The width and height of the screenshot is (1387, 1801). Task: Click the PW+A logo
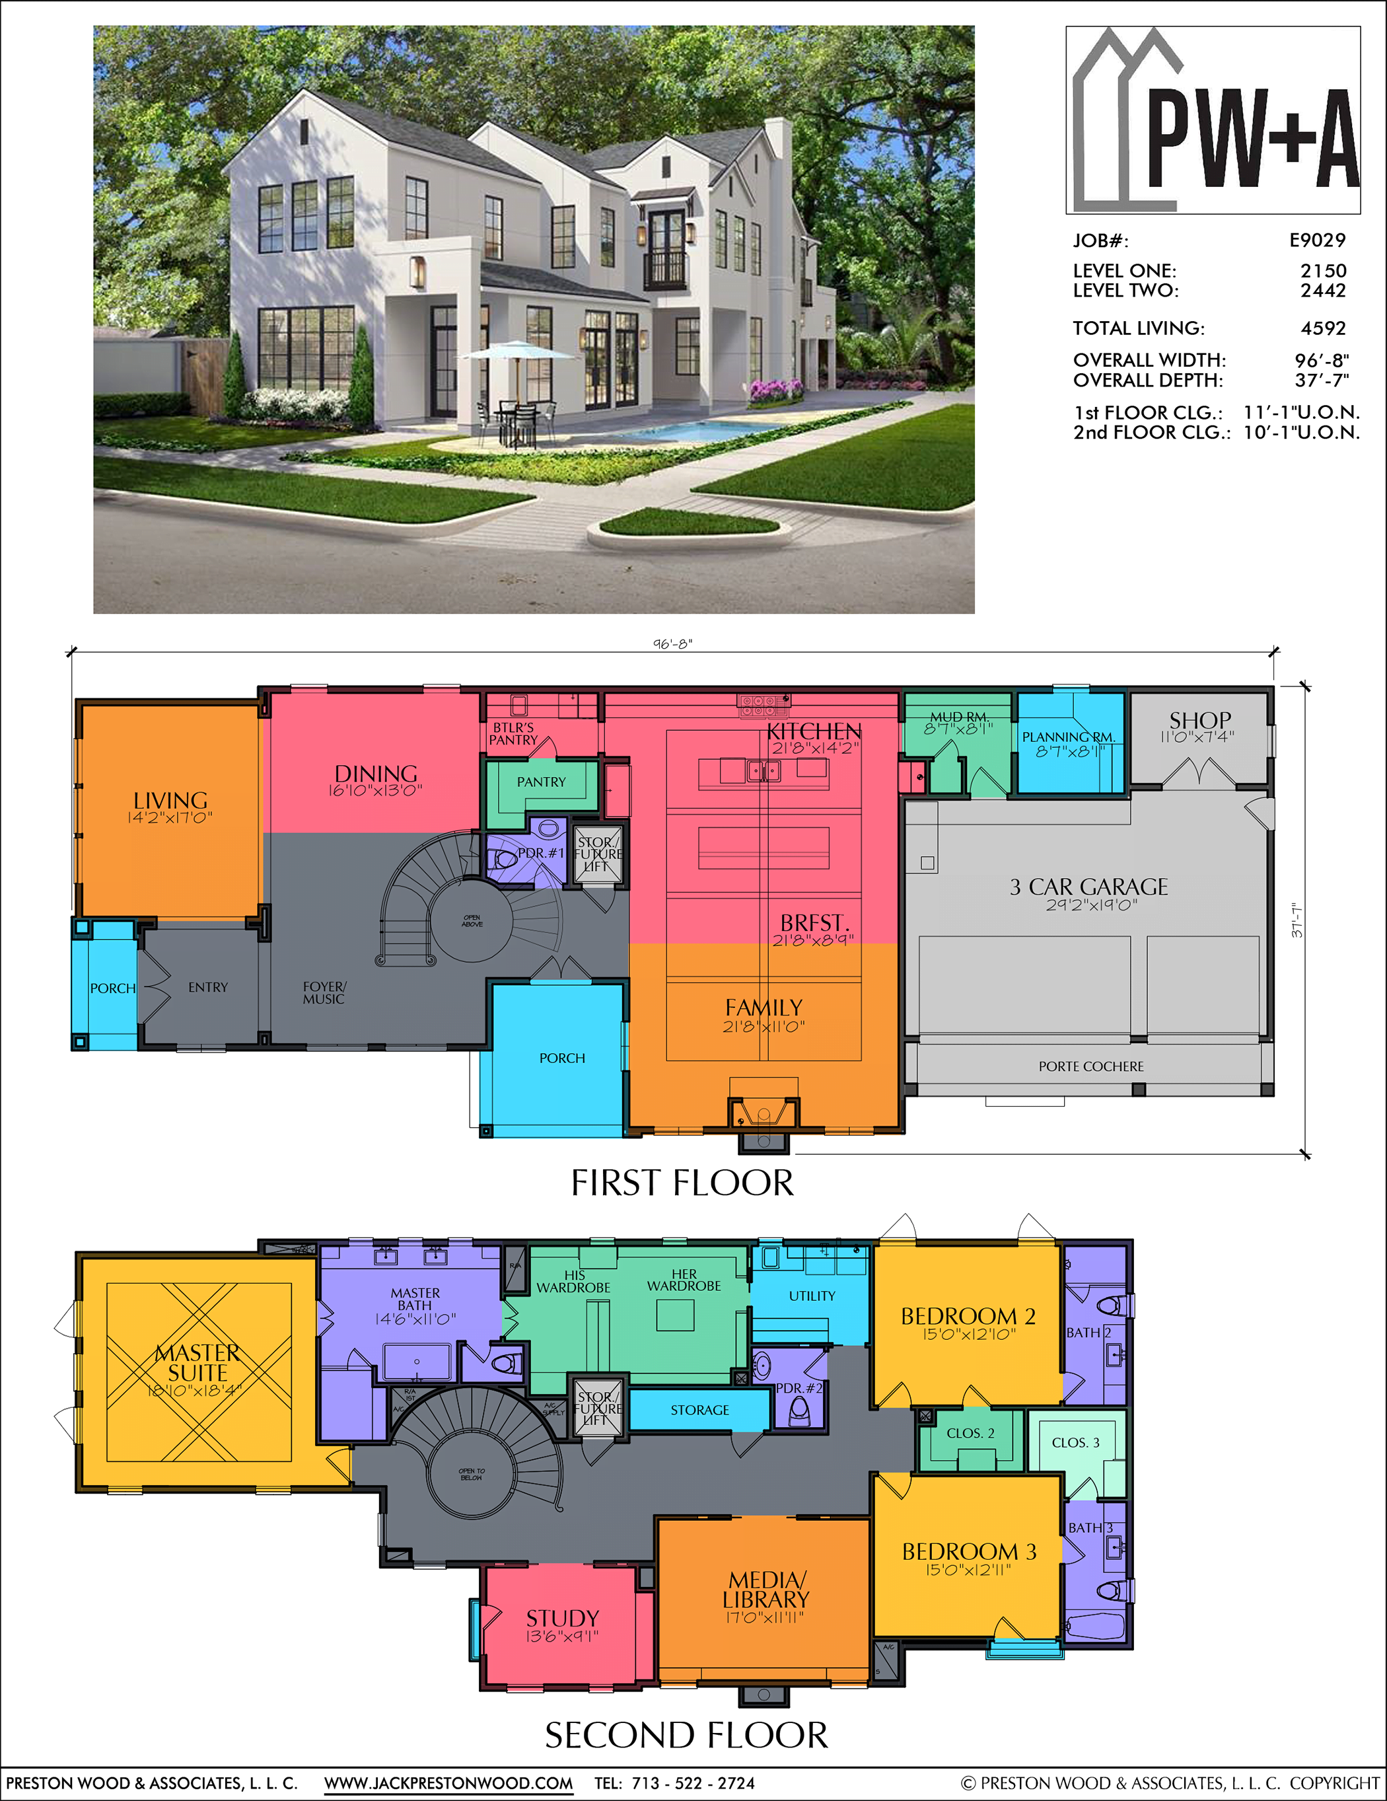click(x=1213, y=121)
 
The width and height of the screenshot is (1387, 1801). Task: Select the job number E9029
click(x=1317, y=240)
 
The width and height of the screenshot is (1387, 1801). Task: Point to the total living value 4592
click(x=1323, y=328)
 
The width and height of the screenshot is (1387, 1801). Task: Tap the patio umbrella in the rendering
click(x=520, y=352)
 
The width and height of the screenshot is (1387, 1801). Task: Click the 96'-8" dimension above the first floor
click(x=672, y=644)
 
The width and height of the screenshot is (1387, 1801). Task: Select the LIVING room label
click(x=170, y=801)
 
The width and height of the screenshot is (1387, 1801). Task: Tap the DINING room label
click(x=375, y=774)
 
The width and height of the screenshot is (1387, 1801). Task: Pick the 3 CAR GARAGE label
click(x=1088, y=887)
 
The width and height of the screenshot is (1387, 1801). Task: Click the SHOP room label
click(x=1200, y=721)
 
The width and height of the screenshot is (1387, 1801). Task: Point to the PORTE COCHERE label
click(x=1090, y=1066)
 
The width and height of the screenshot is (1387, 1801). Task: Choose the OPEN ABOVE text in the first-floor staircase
click(x=472, y=920)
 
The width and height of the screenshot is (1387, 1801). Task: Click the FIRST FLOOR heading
click(x=682, y=1183)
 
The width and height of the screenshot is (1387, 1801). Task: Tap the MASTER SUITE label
click(x=198, y=1362)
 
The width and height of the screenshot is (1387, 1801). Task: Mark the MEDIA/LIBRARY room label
click(x=765, y=1589)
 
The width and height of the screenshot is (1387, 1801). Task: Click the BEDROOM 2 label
click(x=968, y=1316)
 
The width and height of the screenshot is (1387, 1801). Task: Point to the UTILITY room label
click(x=812, y=1296)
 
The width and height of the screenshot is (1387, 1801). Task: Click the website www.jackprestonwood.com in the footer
click(x=448, y=1783)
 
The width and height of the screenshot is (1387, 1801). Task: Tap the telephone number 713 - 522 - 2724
click(x=693, y=1783)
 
